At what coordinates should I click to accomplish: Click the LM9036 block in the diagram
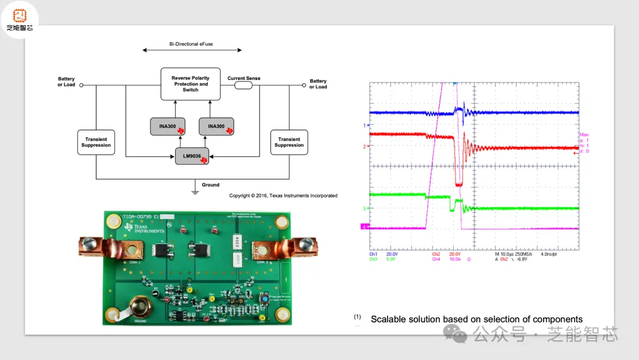[192, 156]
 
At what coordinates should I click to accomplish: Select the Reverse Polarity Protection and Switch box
[191, 83]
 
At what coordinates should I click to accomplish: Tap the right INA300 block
[216, 126]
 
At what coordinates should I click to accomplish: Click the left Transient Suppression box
[96, 142]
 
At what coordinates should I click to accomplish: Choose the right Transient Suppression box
[289, 142]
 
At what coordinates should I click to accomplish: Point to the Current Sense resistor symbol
[244, 85]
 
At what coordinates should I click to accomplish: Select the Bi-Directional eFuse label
[192, 44]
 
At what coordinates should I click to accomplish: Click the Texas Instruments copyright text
[283, 195]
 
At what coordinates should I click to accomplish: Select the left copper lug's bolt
[90, 243]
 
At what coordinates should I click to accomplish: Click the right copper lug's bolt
[306, 243]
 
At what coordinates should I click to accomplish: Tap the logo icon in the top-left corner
[20, 18]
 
